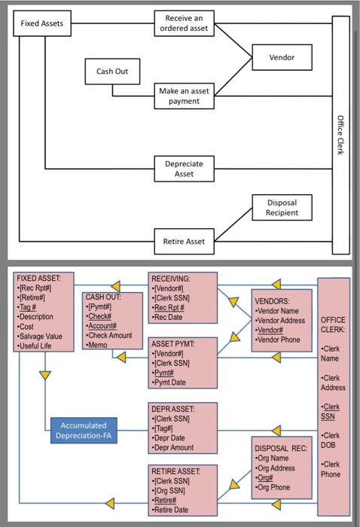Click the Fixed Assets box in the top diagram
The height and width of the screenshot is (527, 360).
[42, 23]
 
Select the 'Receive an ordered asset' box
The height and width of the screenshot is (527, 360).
[185, 23]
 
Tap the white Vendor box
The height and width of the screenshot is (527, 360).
[282, 57]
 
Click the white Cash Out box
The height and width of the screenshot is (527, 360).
[112, 72]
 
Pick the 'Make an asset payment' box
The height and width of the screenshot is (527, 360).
[185, 96]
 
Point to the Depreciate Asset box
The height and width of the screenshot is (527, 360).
[185, 168]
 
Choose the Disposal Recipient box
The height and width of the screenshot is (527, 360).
[282, 207]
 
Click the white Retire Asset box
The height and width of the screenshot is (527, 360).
[185, 242]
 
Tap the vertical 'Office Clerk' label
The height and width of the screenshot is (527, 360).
[340, 136]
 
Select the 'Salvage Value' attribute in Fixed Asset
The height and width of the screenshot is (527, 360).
[42, 337]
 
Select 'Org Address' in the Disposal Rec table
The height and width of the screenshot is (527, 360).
[281, 468]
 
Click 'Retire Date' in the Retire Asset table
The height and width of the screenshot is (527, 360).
[175, 509]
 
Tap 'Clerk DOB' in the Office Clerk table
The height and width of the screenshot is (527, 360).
[331, 440]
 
